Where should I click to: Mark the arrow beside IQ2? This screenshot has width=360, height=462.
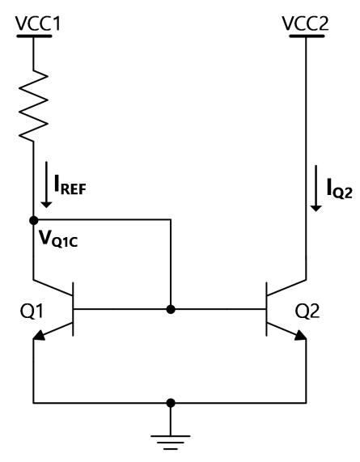[306, 191]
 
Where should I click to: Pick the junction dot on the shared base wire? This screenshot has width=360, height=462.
[171, 309]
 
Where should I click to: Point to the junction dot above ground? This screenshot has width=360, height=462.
[171, 402]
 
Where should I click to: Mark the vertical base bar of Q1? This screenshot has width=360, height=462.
[74, 309]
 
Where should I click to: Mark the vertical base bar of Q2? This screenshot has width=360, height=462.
[266, 309]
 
